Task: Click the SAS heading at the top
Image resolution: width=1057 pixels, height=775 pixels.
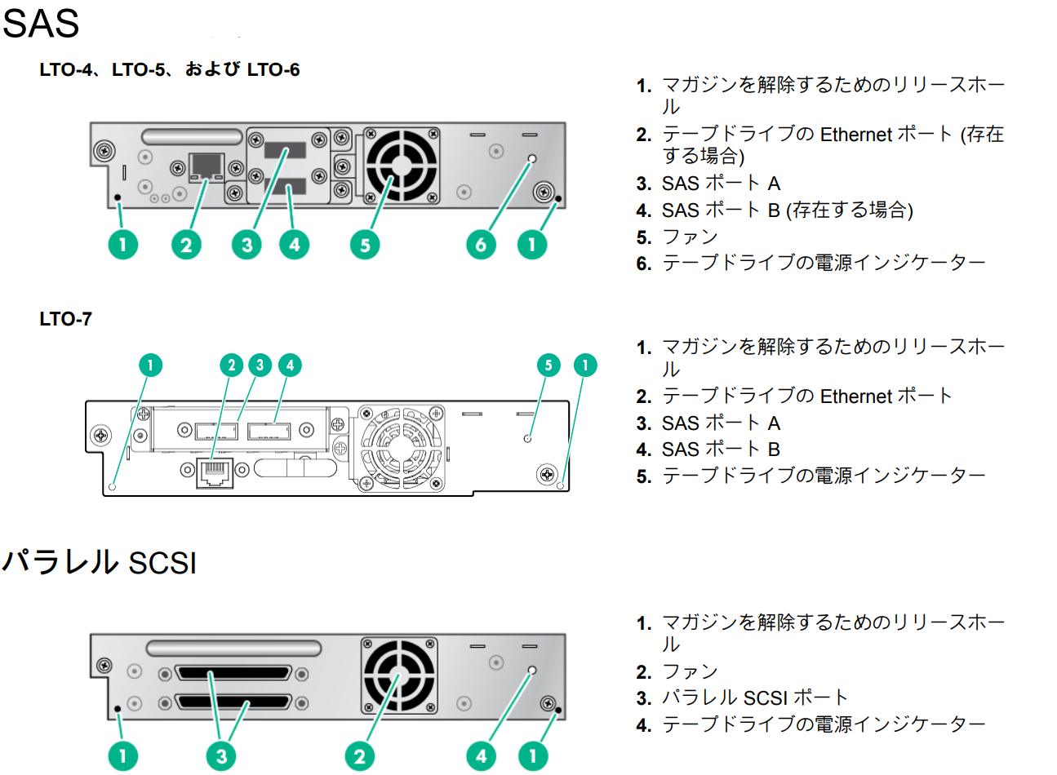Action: click(41, 23)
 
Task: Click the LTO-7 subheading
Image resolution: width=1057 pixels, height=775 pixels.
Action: click(65, 319)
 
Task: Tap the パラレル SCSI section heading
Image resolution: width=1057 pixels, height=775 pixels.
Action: click(99, 562)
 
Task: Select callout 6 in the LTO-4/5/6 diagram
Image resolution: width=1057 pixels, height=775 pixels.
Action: click(481, 245)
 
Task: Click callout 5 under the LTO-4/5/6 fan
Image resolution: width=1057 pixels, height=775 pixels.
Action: click(365, 245)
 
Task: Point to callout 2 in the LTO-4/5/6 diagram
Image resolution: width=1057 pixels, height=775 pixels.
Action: click(186, 245)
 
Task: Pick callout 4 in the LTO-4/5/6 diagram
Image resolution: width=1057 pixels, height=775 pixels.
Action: click(295, 245)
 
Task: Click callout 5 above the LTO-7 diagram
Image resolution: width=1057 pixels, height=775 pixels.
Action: click(548, 365)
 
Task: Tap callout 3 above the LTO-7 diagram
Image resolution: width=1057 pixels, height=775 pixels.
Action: click(260, 365)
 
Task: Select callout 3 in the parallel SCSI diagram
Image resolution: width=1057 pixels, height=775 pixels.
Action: click(221, 756)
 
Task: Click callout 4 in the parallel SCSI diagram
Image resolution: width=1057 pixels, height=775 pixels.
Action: click(481, 756)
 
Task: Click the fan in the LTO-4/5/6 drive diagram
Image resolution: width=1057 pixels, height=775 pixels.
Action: click(402, 166)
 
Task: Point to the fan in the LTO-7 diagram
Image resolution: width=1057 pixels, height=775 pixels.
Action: click(401, 448)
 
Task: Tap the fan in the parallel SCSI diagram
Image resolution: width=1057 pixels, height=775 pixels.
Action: click(400, 676)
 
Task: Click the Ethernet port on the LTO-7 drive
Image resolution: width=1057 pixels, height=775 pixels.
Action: click(215, 473)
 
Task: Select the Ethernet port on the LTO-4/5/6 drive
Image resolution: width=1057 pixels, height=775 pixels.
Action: click(207, 167)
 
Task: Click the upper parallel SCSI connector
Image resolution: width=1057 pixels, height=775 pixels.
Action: click(233, 673)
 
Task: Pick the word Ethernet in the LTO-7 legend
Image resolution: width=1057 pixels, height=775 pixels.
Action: click(855, 396)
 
